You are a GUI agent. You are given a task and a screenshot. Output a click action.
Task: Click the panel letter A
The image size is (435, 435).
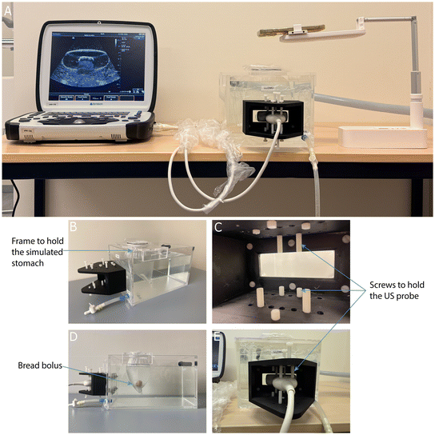tap(8, 10)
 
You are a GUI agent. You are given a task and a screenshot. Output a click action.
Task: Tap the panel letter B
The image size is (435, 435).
tap(73, 226)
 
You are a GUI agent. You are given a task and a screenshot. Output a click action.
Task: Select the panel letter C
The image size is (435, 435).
tap(218, 227)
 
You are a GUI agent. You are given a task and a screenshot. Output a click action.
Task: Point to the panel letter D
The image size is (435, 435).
tap(74, 337)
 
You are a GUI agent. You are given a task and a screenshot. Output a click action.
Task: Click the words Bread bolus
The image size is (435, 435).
tap(40, 365)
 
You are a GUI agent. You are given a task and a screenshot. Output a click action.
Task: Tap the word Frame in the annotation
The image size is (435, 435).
tap(21, 241)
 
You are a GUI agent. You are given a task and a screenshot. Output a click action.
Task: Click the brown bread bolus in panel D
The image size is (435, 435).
tap(138, 383)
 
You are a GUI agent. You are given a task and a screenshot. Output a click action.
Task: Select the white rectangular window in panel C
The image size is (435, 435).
tap(297, 264)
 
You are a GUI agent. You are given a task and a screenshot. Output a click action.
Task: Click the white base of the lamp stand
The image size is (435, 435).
tap(382, 137)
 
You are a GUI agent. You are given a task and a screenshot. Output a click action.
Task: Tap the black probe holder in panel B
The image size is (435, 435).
tap(102, 278)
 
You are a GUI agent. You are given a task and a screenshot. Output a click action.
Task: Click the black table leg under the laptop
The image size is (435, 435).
tap(39, 198)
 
